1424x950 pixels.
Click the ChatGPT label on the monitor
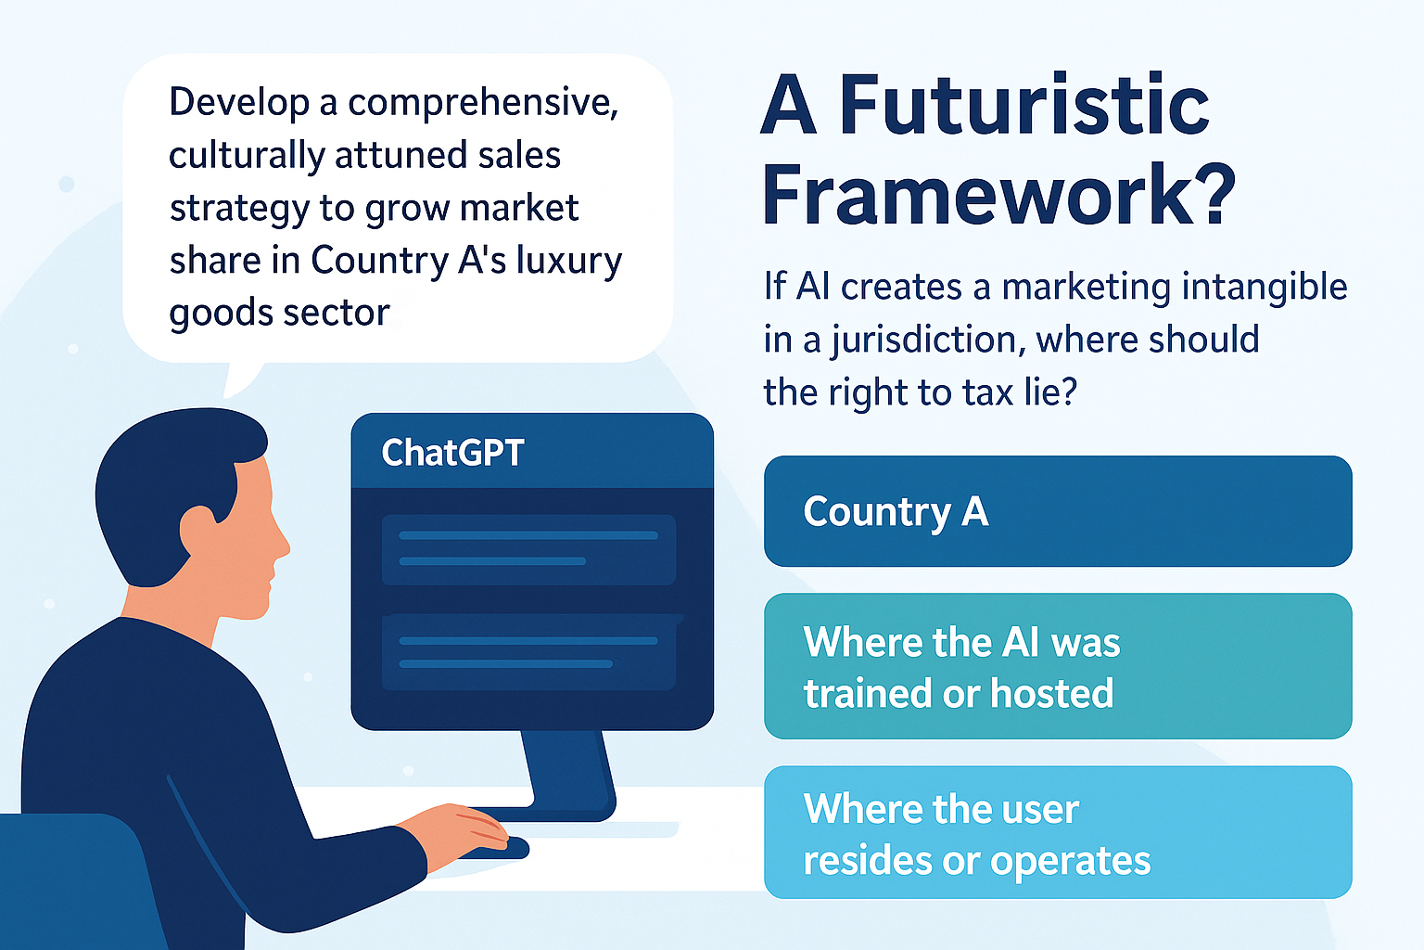[x=452, y=453]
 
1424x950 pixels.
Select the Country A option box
[x=1058, y=511]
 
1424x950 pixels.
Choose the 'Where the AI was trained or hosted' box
[x=1058, y=666]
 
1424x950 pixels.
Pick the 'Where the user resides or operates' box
[x=1058, y=832]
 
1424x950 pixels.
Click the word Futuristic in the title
[x=1024, y=104]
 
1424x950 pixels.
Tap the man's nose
[x=280, y=544]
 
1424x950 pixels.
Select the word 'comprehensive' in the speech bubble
[x=482, y=103]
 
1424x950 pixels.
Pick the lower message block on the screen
[x=529, y=652]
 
